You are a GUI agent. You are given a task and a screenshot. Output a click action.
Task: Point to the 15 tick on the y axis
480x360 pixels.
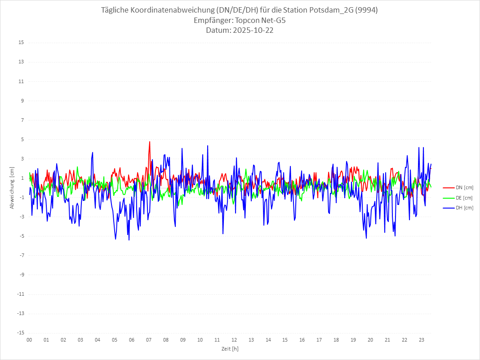tap(21, 43)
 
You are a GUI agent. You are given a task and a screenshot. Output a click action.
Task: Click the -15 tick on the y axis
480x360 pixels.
tap(20, 333)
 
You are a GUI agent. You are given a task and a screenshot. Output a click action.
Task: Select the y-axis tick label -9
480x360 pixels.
tap(21, 275)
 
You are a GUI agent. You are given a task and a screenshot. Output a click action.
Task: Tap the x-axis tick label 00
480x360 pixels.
tap(29, 340)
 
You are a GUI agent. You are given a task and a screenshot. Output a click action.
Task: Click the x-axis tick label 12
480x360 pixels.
tap(234, 340)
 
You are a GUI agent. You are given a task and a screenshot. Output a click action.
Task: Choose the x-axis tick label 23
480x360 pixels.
tap(422, 340)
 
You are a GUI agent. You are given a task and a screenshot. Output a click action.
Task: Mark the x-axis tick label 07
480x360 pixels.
tap(149, 340)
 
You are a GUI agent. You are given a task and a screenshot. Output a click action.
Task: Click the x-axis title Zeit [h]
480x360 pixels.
tap(230, 348)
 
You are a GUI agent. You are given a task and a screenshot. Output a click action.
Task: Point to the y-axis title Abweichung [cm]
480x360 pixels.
tap(12, 187)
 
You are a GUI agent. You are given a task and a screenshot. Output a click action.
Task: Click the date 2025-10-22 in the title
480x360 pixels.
tap(252, 31)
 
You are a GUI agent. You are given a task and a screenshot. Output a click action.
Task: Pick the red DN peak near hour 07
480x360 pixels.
tap(150, 142)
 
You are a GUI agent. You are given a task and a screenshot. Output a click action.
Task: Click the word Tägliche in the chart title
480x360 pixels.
tap(116, 10)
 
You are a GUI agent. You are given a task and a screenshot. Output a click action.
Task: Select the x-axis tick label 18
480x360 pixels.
tap(336, 340)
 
